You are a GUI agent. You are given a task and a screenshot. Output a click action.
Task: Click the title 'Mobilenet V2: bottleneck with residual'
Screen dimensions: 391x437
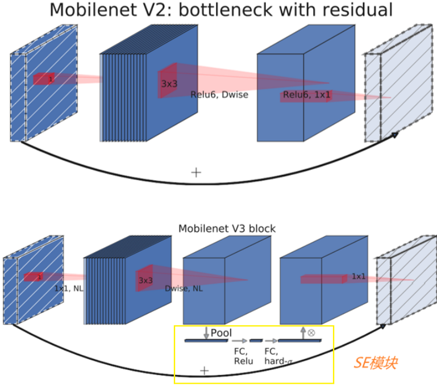coord(220,10)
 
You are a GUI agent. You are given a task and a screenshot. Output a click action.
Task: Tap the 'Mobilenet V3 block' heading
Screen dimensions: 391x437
coord(227,228)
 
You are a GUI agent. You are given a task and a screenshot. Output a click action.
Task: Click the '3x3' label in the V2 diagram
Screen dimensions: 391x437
coord(169,83)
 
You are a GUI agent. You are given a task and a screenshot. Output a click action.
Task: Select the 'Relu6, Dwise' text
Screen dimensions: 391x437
coord(219,95)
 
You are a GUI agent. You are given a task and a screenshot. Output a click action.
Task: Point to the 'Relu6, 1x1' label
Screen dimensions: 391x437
coord(306,95)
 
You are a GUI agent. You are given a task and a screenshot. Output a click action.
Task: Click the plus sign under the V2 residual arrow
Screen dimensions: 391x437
coord(196,172)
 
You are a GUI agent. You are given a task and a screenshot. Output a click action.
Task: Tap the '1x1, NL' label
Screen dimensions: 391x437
coord(69,288)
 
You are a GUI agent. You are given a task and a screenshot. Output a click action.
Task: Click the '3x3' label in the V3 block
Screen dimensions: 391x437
coord(145,280)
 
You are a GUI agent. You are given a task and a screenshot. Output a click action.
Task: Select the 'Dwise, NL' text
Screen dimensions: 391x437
coord(184,288)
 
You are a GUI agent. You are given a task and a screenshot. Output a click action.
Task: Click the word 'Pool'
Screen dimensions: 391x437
coord(221,332)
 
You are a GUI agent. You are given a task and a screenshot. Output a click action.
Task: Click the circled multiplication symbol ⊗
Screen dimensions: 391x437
coord(311,333)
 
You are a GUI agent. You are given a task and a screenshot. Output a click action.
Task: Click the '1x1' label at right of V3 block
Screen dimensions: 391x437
coord(359,276)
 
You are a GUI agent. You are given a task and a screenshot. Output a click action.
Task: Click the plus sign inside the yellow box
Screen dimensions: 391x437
coord(205,370)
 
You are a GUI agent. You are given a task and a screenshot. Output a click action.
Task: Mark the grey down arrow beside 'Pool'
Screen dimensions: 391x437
coord(206,333)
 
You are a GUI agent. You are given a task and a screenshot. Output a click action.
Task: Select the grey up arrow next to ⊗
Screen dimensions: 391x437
coord(303,333)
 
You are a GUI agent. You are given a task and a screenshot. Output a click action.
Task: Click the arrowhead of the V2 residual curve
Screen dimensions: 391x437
coord(393,135)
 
